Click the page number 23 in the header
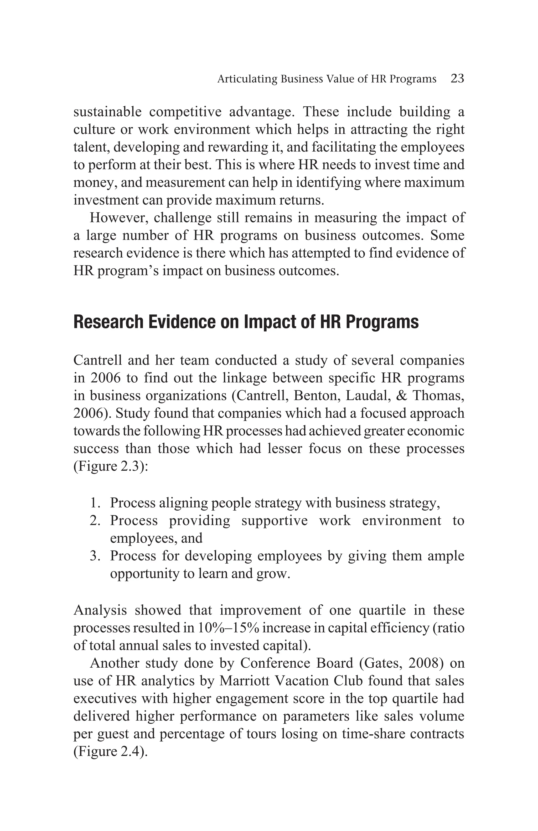pos(457,79)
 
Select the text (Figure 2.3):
pos(111,466)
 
